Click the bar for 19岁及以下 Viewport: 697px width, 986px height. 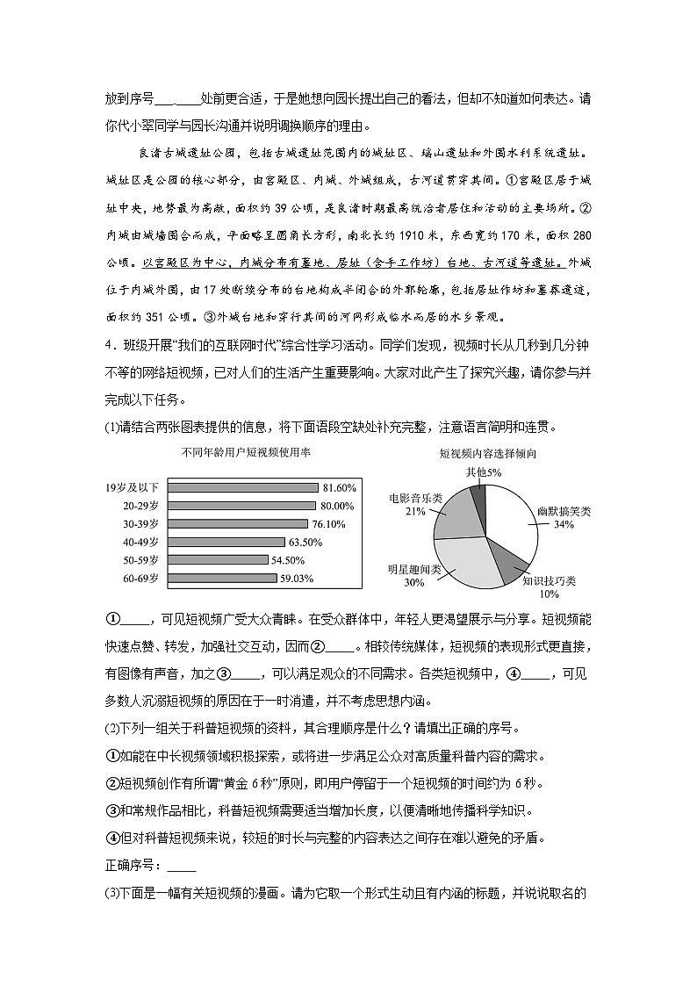tap(241, 487)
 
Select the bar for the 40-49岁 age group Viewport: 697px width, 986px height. tap(226, 542)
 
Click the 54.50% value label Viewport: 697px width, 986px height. tap(288, 560)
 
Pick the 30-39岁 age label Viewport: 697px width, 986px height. tap(141, 523)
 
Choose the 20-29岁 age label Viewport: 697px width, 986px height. tap(141, 506)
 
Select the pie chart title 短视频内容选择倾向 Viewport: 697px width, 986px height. tap(488, 454)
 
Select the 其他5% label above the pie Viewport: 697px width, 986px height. tap(484, 471)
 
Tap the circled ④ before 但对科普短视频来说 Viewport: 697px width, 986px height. tap(111, 838)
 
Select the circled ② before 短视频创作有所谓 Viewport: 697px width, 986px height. tap(111, 783)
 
